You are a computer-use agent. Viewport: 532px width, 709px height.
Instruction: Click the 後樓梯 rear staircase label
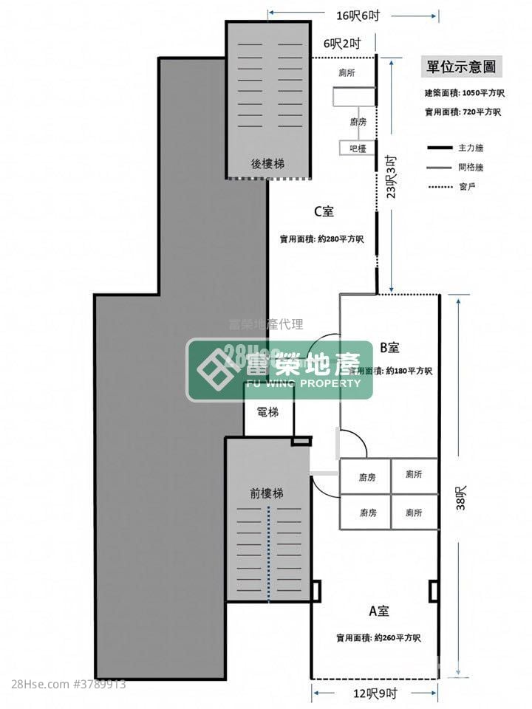(x=267, y=163)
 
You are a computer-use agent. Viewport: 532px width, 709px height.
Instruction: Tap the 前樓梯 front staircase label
(x=266, y=493)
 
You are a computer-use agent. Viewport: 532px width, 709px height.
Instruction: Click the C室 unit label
(x=324, y=212)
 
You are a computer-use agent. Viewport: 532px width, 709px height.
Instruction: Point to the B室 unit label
(x=389, y=346)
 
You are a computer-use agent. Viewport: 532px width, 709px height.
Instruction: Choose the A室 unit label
(x=379, y=611)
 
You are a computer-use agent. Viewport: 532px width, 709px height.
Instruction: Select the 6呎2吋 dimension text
(x=341, y=44)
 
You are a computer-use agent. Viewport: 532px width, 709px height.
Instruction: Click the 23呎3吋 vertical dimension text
(x=392, y=177)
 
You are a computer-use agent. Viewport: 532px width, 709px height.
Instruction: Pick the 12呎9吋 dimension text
(x=375, y=693)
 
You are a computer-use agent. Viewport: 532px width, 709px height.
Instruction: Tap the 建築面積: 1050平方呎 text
(x=463, y=93)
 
